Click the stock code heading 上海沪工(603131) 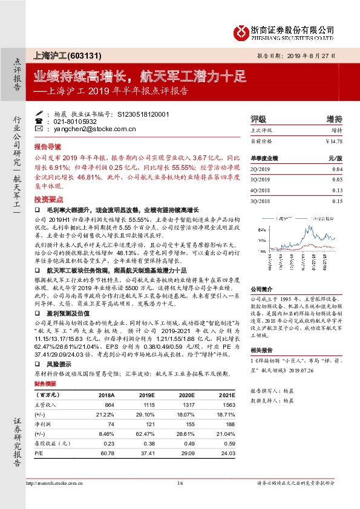click(x=59, y=55)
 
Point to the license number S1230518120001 click(x=142, y=113)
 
